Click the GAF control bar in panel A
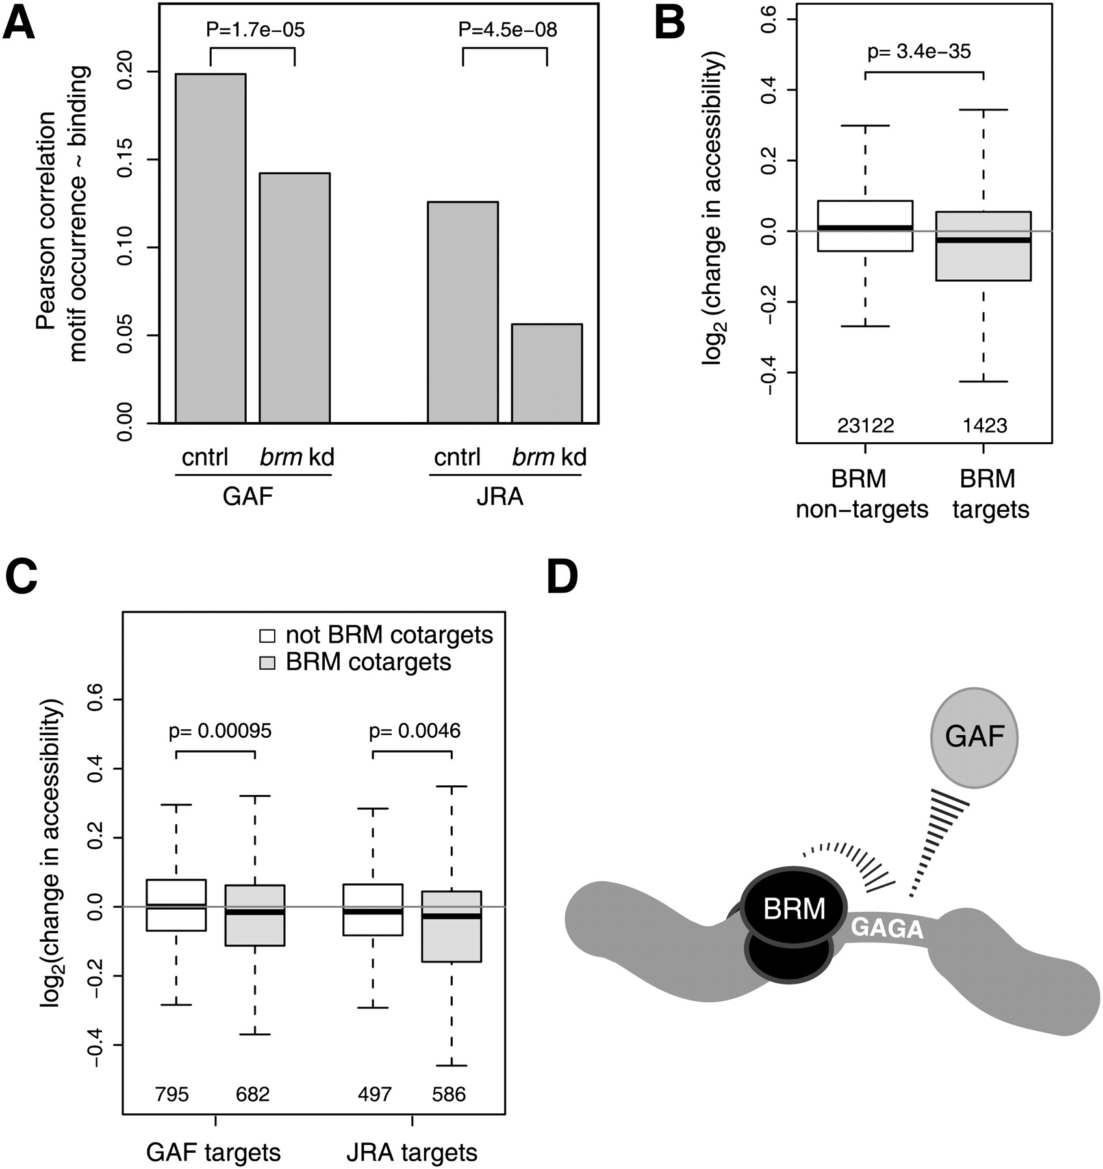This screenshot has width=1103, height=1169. pyautogui.click(x=210, y=249)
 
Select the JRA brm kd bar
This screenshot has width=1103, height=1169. pyautogui.click(x=547, y=373)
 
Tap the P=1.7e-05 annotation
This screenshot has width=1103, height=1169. pyautogui.click(x=255, y=30)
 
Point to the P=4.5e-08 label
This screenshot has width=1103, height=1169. pyautogui.click(x=507, y=30)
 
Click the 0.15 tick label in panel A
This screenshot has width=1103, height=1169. pyautogui.click(x=125, y=160)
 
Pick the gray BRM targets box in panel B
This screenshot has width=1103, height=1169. pyautogui.click(x=983, y=246)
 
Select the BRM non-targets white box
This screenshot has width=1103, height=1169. pyautogui.click(x=865, y=226)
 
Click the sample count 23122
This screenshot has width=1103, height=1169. pyautogui.click(x=866, y=426)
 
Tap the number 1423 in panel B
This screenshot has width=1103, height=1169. pyautogui.click(x=985, y=426)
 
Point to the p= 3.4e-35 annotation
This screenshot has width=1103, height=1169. pyautogui.click(x=919, y=51)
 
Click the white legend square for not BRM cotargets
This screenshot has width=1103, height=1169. pyautogui.click(x=268, y=635)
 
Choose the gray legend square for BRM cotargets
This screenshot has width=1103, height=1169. pyautogui.click(x=268, y=662)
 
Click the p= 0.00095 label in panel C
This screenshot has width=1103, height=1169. pyautogui.click(x=220, y=731)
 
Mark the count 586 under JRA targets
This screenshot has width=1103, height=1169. pyautogui.click(x=449, y=1095)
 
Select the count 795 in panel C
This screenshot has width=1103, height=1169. pyautogui.click(x=171, y=1095)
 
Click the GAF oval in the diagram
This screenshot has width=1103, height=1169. pyautogui.click(x=974, y=737)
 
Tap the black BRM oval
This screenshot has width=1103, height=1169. pyautogui.click(x=794, y=909)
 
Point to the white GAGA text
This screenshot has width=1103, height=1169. pyautogui.click(x=887, y=929)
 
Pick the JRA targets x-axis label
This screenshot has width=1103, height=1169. pyautogui.click(x=412, y=1153)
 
